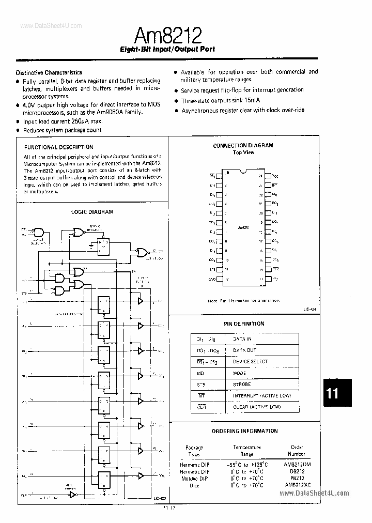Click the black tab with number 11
(333, 393)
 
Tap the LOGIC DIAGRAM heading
(92, 211)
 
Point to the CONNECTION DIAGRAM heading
(243, 146)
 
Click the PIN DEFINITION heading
(244, 324)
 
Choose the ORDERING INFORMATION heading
(244, 430)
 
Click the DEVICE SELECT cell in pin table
(250, 362)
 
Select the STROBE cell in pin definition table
(242, 384)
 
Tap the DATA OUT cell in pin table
(244, 350)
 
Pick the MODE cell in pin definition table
(240, 373)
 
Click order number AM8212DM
(298, 464)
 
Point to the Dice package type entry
(194, 485)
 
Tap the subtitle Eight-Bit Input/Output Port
(167, 50)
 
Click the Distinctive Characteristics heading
(49, 72)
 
